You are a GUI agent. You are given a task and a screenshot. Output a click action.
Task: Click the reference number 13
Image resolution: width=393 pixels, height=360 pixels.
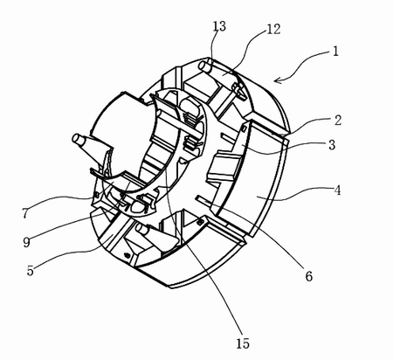point(219,26)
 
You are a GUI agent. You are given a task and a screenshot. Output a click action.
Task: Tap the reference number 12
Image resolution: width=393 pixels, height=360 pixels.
point(273,30)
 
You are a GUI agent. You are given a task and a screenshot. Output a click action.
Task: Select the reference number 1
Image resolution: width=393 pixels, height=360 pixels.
point(335,52)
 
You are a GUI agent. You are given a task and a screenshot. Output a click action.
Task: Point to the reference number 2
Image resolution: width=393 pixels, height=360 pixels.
point(338,121)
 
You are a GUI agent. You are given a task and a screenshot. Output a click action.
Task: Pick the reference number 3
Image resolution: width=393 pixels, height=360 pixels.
point(332,145)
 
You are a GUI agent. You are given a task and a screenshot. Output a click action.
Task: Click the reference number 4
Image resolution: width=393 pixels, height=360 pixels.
point(337,190)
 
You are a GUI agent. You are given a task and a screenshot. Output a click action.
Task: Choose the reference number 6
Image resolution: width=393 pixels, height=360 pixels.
point(309,275)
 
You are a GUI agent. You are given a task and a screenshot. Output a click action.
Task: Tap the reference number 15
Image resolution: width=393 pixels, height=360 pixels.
point(243,343)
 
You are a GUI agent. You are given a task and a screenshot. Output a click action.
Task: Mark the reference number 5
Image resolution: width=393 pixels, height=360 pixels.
point(31,271)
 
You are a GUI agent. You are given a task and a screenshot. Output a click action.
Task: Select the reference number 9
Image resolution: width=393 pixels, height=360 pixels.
point(26,242)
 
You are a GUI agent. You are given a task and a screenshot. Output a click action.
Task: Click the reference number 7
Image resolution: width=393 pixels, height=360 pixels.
point(25,213)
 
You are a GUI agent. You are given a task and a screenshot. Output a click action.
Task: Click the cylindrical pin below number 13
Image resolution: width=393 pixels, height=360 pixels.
point(206,66)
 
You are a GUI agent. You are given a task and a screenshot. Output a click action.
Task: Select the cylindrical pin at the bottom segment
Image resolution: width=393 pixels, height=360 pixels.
point(143,229)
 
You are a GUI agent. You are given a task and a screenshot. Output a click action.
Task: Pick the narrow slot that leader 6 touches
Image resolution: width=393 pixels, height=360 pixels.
point(203,200)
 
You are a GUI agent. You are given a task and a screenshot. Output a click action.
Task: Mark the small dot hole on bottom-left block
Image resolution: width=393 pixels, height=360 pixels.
point(127,255)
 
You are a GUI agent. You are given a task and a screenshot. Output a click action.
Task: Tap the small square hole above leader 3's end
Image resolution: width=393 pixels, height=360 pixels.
point(244,128)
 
